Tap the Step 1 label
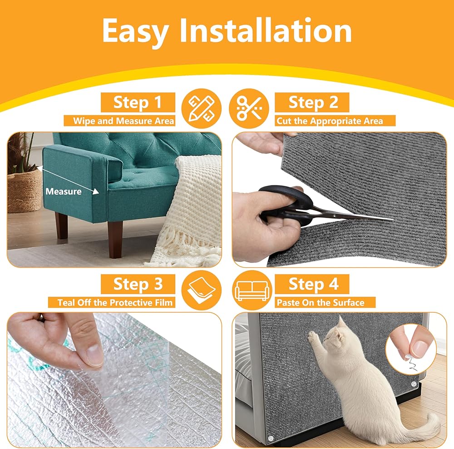tap(138, 102)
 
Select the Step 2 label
tap(312, 102)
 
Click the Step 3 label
tap(138, 284)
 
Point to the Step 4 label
tap(312, 284)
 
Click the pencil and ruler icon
tap(202, 109)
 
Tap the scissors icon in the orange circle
tap(249, 109)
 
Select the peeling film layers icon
tap(202, 290)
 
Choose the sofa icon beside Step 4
tap(252, 290)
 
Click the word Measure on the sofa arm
tap(64, 191)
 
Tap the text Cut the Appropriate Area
tap(330, 120)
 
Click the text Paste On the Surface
tap(321, 302)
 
